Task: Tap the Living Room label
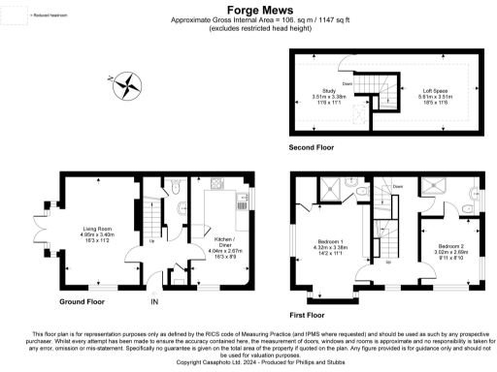(97, 227)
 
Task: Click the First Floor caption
(310, 315)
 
